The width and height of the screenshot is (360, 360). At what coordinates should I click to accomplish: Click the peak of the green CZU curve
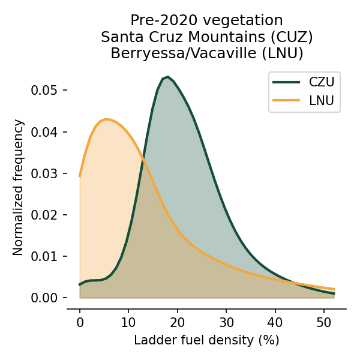(167, 77)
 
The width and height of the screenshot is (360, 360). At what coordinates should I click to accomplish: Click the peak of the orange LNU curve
(106, 119)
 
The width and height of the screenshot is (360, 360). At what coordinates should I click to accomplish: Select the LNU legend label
(322, 100)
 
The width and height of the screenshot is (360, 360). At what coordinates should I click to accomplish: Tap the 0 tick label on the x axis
(80, 322)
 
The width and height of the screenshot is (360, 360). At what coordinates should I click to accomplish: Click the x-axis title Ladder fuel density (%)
(206, 340)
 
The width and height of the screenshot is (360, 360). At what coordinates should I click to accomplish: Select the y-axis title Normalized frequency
(19, 187)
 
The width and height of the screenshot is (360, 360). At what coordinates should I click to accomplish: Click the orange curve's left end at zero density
(80, 176)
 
